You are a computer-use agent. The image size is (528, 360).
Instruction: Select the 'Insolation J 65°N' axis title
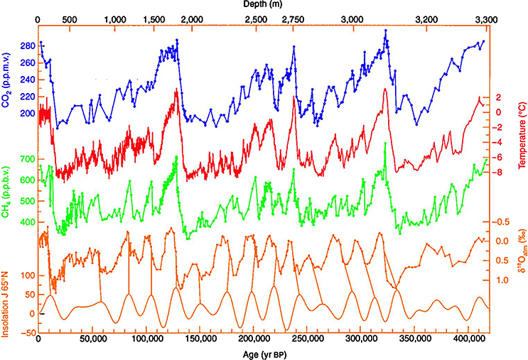click(x=8, y=298)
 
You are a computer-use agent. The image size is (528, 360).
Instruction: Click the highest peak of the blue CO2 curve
click(x=385, y=30)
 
